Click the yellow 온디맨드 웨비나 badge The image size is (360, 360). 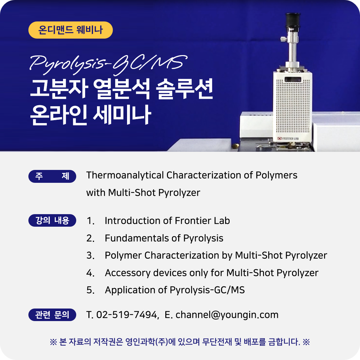(x=71, y=30)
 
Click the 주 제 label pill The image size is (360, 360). (x=52, y=176)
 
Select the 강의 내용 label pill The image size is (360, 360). (x=52, y=220)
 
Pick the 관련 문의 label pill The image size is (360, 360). (x=52, y=315)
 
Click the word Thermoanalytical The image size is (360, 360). (x=125, y=176)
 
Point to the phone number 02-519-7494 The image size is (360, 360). (x=126, y=315)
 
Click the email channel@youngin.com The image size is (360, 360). (x=227, y=315)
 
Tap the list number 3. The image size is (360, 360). (x=90, y=255)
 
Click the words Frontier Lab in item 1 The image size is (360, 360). (x=202, y=221)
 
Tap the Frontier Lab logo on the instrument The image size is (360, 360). (x=288, y=139)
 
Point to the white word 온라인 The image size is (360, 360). (x=58, y=115)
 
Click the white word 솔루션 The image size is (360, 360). (x=184, y=89)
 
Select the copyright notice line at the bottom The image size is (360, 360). (x=180, y=342)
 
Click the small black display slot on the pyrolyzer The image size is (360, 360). (x=293, y=80)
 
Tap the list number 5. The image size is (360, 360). (x=90, y=290)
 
